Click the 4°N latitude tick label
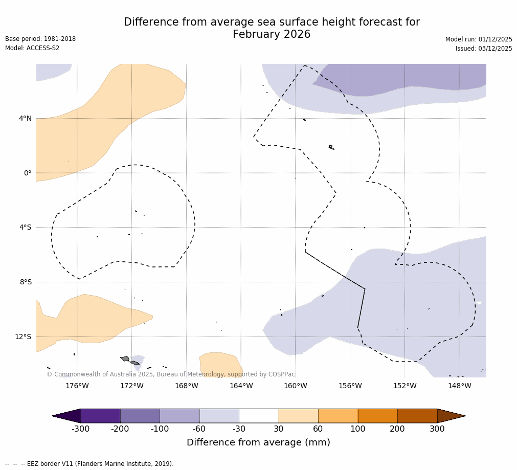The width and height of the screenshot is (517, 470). (x=25, y=119)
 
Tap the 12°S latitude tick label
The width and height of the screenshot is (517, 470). (x=23, y=337)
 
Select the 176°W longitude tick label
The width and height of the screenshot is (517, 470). (x=77, y=386)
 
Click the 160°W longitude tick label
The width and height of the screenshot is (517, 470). (x=296, y=386)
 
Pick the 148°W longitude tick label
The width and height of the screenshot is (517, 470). (x=459, y=386)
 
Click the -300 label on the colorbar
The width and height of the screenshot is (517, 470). (x=80, y=429)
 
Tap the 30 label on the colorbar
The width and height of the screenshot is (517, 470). (x=279, y=429)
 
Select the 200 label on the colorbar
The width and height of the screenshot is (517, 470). (x=397, y=429)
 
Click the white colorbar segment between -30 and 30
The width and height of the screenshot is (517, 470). (x=259, y=416)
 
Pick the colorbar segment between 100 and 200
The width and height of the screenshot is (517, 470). (x=377, y=416)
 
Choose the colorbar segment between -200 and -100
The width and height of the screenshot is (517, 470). (x=140, y=416)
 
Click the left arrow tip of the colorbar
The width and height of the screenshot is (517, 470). (x=53, y=416)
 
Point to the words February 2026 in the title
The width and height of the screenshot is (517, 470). (x=272, y=35)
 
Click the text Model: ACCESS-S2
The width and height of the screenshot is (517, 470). (x=32, y=48)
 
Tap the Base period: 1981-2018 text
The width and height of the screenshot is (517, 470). (x=40, y=39)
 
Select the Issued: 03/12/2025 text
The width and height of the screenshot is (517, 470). (x=484, y=49)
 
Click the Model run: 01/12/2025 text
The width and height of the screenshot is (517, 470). (x=479, y=39)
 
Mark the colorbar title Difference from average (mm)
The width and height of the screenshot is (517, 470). (x=258, y=442)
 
